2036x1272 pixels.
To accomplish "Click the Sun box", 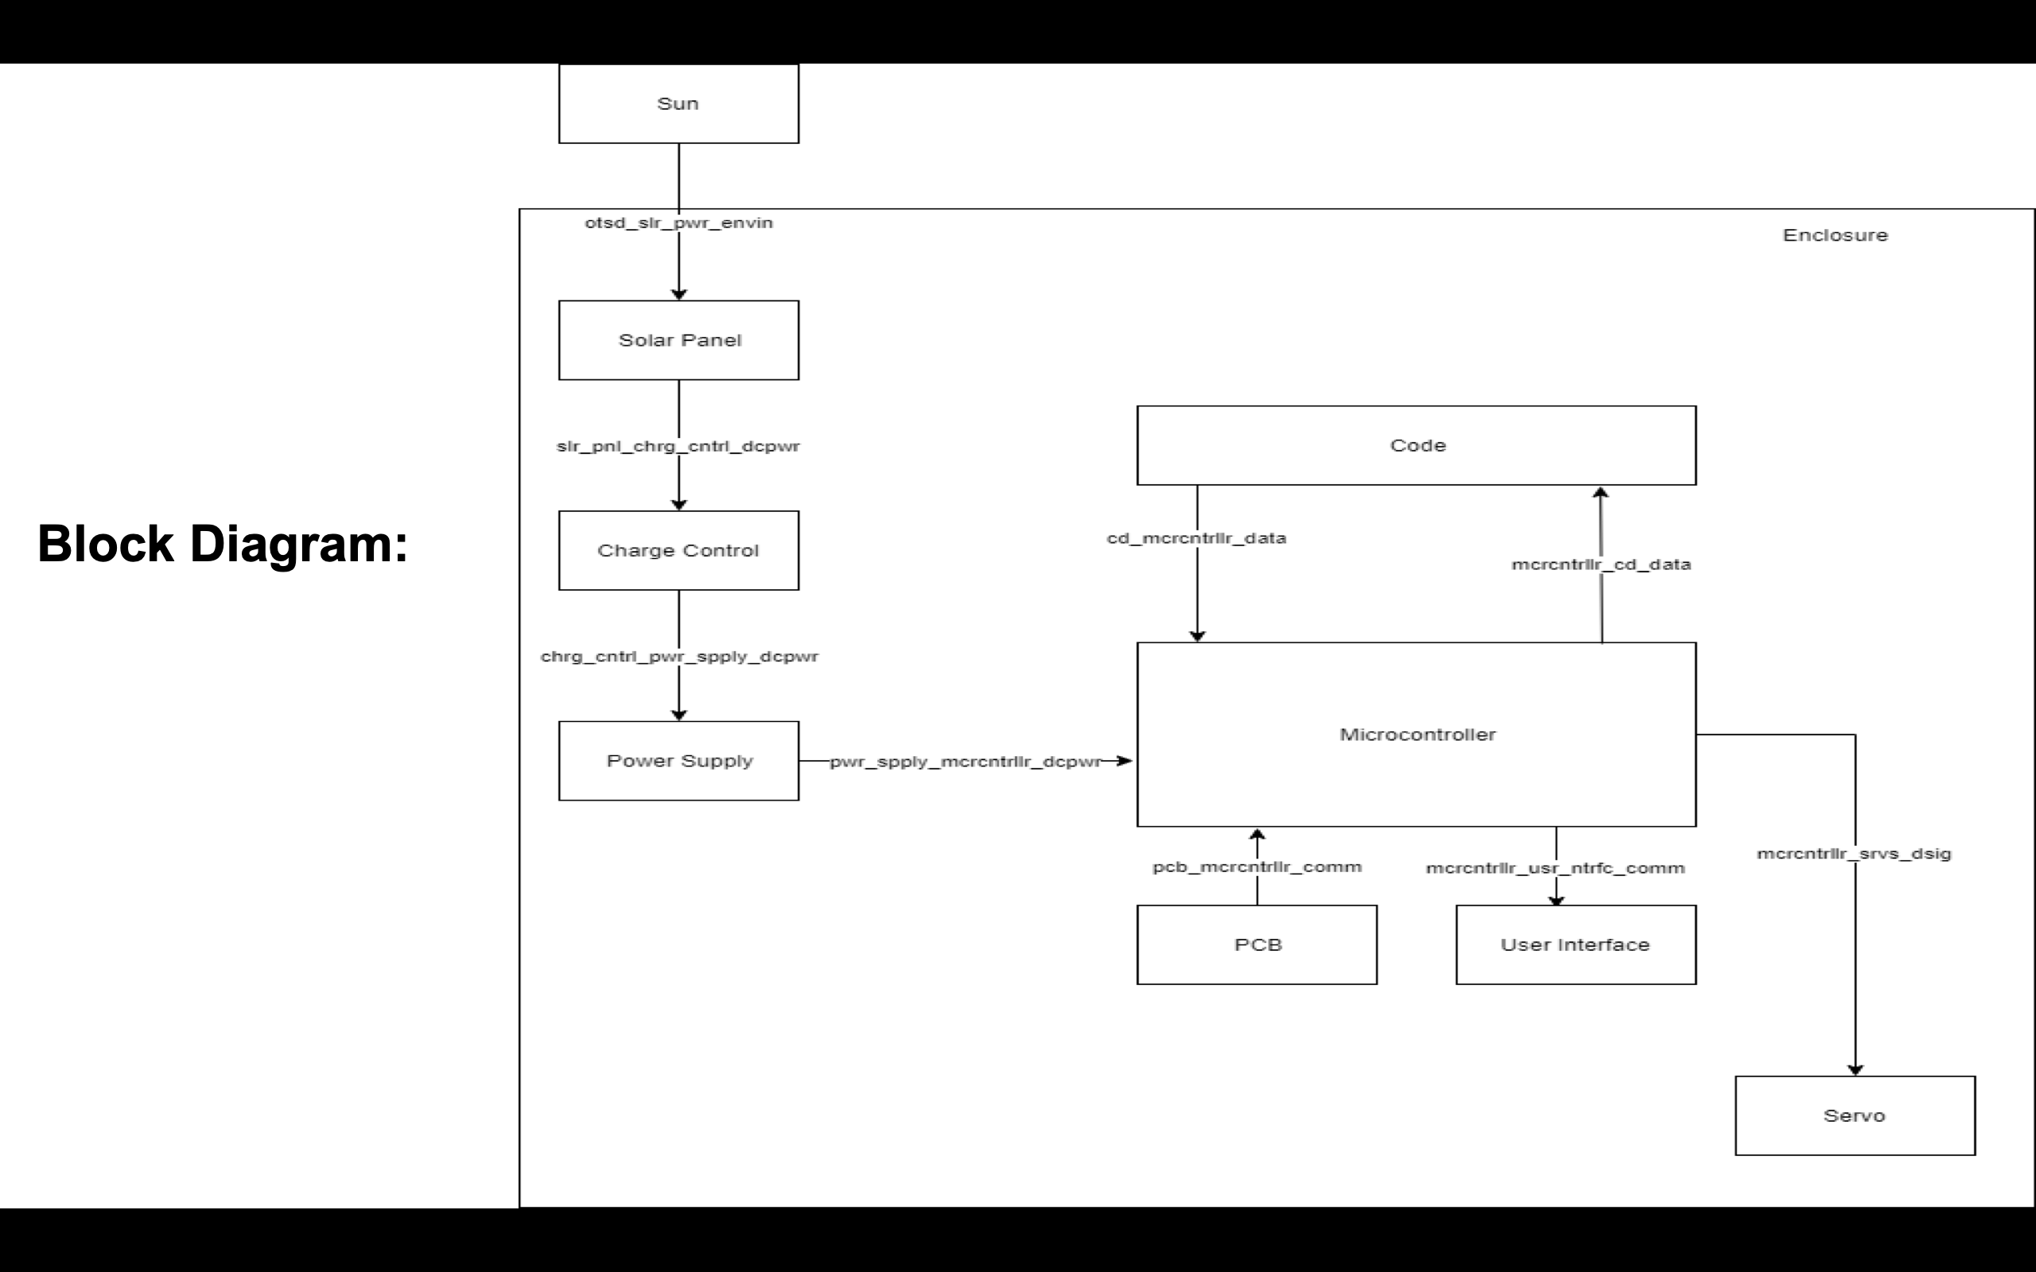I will [x=678, y=103].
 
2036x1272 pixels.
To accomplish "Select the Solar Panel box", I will [x=678, y=340].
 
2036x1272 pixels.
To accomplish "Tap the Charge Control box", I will [x=678, y=550].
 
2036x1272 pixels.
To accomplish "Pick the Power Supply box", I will [x=678, y=761].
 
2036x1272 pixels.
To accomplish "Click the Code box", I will [x=1416, y=445].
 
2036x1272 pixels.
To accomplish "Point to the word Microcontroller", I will [x=1417, y=735].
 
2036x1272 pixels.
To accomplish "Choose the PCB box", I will [x=1257, y=944].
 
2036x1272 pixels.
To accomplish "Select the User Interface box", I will [x=1575, y=944].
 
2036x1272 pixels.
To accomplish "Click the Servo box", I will [x=1855, y=1115].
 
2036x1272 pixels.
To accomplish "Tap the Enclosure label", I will [x=1835, y=235].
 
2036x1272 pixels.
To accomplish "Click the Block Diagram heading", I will [x=223, y=544].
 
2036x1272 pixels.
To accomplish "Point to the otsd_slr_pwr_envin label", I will [x=678, y=223].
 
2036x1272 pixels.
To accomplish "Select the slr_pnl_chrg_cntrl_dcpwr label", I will [x=678, y=446].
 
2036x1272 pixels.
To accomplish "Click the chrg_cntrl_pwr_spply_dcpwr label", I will [x=678, y=656].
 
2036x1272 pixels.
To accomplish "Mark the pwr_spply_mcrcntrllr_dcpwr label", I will [x=965, y=762].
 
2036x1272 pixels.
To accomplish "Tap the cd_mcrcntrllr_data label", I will [x=1196, y=538].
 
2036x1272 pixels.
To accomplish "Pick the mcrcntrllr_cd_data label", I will [x=1600, y=564].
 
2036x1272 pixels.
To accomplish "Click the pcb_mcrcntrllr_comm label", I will [x=1257, y=867].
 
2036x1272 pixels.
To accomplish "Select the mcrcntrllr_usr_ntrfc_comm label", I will [x=1555, y=868].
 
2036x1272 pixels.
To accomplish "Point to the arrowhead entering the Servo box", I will [x=1855, y=1069].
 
